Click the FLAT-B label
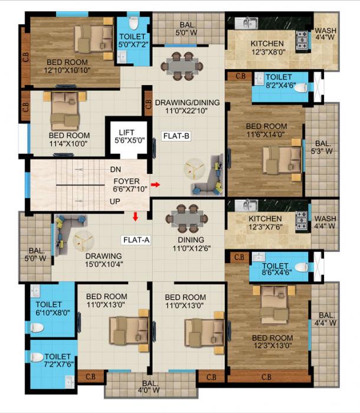pyautogui.click(x=176, y=136)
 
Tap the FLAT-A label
pyautogui.click(x=135, y=240)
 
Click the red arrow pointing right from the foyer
pyautogui.click(x=155, y=185)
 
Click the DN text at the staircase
pyautogui.click(x=116, y=169)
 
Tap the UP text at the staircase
pyautogui.click(x=116, y=201)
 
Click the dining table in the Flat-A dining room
pyautogui.click(x=186, y=219)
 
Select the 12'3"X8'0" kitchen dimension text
pyautogui.click(x=267, y=53)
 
